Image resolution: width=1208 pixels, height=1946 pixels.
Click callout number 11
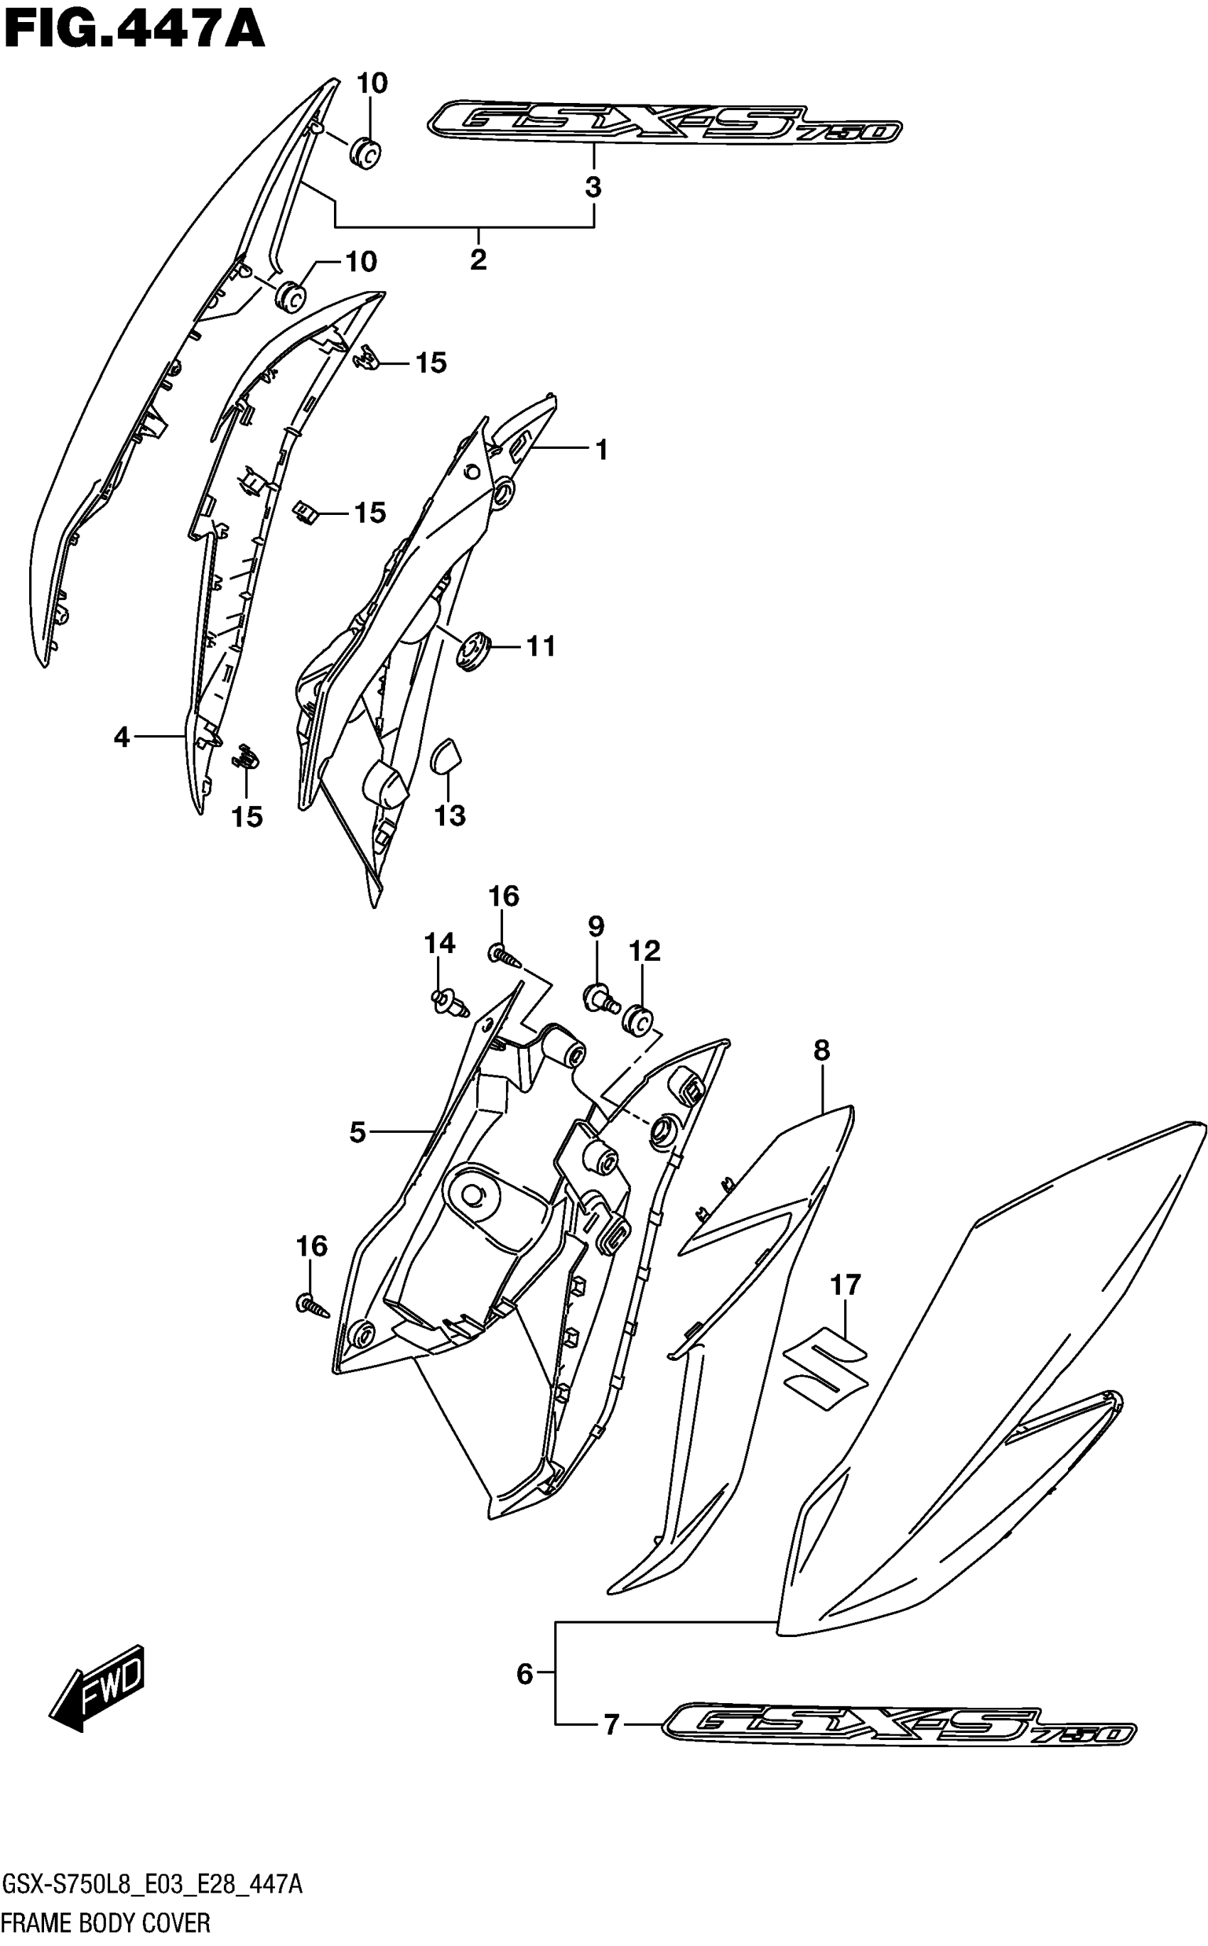point(541,646)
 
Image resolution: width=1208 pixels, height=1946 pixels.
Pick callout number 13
point(450,815)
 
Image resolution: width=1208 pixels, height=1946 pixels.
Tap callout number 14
point(439,943)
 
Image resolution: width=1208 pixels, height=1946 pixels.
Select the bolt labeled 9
point(600,997)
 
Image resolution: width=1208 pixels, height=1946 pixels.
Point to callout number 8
point(822,1050)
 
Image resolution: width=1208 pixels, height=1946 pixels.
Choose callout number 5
point(357,1131)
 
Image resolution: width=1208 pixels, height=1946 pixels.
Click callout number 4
point(122,736)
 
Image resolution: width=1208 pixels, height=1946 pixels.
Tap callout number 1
point(602,450)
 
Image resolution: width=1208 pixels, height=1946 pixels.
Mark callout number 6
point(524,1674)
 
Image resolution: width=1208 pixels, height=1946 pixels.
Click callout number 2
point(478,259)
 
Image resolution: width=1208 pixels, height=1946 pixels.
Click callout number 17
point(846,1285)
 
